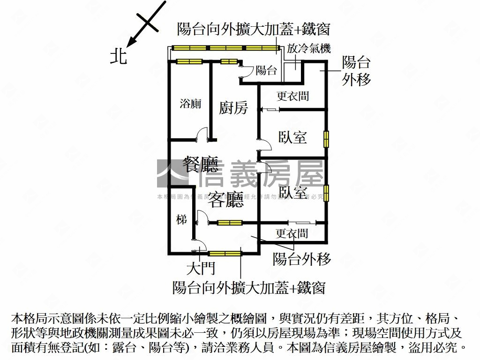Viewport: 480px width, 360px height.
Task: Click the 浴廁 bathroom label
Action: pos(190,104)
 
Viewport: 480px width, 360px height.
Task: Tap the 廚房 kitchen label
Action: pos(233,108)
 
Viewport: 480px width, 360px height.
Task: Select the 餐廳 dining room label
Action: pos(200,164)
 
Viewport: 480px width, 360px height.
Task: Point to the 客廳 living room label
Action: pos(226,200)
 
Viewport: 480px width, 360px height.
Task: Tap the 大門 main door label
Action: pos(201,269)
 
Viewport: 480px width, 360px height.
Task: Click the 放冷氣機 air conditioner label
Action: pos(309,48)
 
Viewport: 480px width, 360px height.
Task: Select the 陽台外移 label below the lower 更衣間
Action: pos(302,259)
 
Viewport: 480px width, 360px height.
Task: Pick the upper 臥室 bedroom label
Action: pos(292,137)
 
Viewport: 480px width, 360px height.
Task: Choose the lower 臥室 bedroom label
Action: pos(292,192)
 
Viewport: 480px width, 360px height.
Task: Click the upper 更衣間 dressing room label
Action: pos(292,96)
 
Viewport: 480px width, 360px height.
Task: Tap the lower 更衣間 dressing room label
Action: pos(292,233)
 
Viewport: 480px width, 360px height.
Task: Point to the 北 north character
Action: pos(119,57)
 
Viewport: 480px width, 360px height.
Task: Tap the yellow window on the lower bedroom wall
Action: pos(326,193)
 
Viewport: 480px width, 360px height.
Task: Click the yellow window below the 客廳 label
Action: pos(230,223)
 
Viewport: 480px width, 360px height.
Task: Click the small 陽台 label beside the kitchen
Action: pos(266,71)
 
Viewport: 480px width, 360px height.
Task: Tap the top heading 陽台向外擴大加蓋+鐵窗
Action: pos(254,29)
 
